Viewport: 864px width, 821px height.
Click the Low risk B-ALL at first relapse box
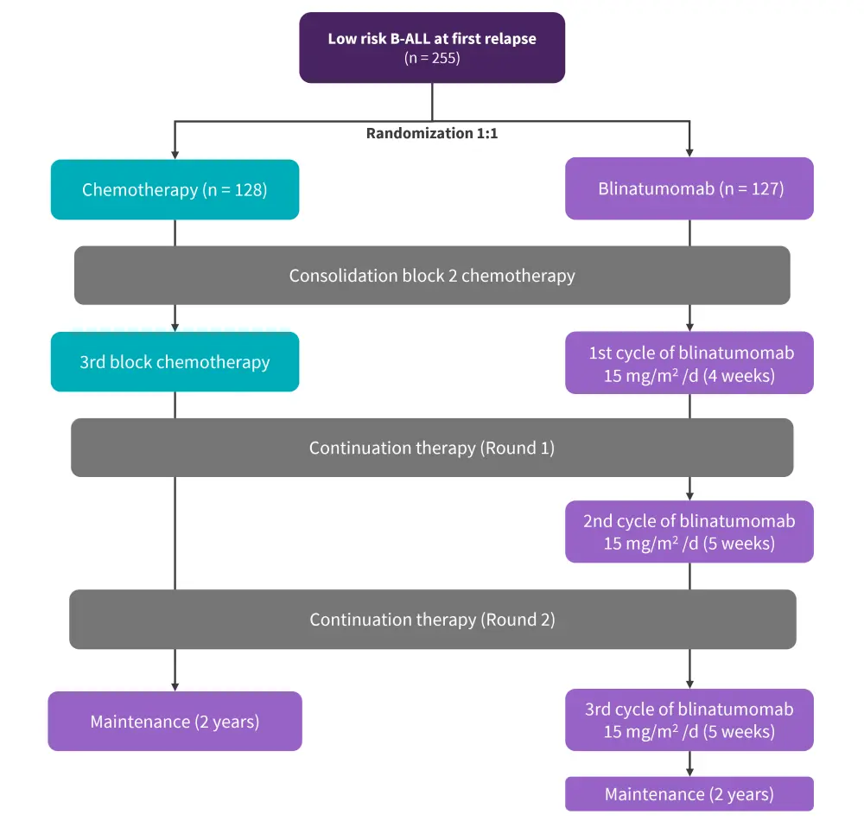(432, 48)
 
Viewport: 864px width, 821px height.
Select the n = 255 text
(432, 59)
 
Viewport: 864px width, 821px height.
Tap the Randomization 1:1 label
(432, 134)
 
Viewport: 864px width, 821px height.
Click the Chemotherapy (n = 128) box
(175, 189)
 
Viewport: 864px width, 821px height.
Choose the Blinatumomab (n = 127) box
(689, 188)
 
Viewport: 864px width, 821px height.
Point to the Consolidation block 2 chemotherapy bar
(432, 276)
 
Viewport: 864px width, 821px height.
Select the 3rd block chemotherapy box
(175, 361)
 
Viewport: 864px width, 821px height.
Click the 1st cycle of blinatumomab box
(689, 363)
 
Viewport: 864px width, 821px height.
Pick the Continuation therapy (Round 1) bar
(432, 448)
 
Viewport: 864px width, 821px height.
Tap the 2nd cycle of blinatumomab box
(689, 531)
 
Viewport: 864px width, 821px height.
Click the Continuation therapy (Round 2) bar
(432, 620)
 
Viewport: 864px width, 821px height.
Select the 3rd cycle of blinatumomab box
(689, 720)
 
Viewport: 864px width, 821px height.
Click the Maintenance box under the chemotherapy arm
(175, 721)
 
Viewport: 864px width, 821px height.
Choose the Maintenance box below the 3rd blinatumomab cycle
(689, 794)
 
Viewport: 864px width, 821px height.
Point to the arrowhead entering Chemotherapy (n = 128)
(175, 155)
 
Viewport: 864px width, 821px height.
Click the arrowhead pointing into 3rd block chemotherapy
(175, 328)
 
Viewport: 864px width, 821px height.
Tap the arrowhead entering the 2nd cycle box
(689, 496)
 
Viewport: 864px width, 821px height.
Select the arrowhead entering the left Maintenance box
(175, 686)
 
